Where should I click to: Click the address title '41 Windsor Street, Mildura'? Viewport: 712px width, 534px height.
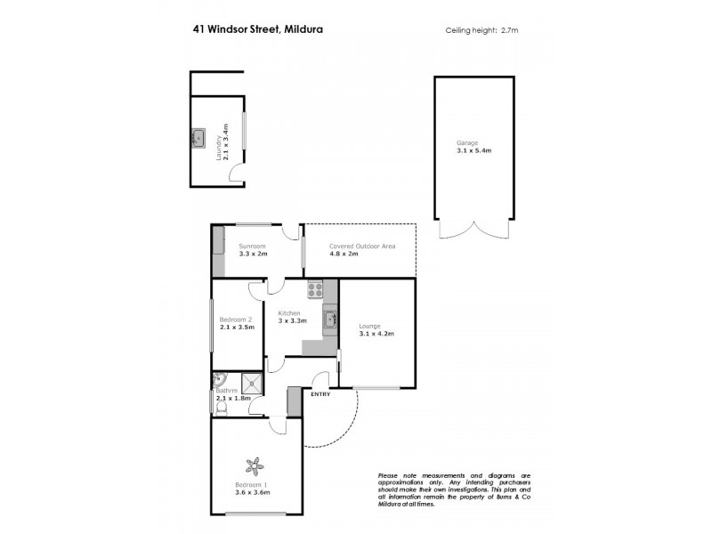(x=257, y=28)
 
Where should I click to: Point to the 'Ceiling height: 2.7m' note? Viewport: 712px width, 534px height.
(x=481, y=30)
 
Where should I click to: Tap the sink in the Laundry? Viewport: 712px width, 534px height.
(x=198, y=138)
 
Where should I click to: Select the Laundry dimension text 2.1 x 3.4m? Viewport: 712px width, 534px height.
(x=226, y=141)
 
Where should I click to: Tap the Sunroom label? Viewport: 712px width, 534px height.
(x=252, y=246)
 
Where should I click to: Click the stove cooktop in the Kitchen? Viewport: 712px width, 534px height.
(x=314, y=288)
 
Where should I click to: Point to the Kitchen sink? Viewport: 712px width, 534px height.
(x=330, y=319)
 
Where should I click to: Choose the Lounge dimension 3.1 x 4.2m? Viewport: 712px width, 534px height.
(x=376, y=334)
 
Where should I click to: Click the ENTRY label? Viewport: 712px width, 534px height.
(x=320, y=395)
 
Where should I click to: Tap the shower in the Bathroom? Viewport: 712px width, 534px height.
(x=253, y=383)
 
